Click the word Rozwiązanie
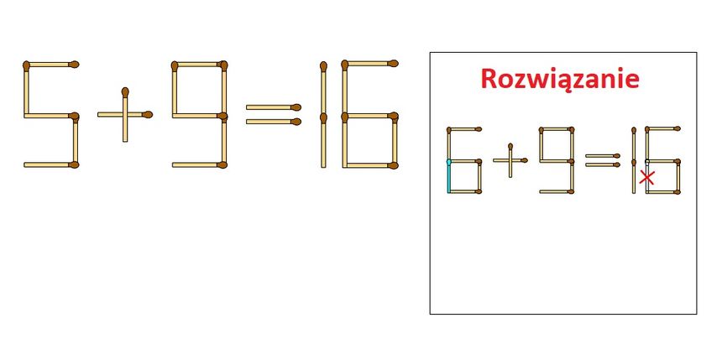(559, 79)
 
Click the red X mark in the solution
(647, 178)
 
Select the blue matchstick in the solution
(449, 175)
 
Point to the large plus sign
(125, 115)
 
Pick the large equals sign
(274, 115)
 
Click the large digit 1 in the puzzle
(323, 114)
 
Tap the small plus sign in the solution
(510, 160)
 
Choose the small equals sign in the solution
(603, 160)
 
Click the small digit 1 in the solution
(634, 160)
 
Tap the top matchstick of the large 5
(50, 64)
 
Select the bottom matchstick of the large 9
(200, 164)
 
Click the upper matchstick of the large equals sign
(274, 107)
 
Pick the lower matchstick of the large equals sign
(274, 122)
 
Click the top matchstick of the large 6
(370, 63)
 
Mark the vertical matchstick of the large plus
(125, 115)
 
